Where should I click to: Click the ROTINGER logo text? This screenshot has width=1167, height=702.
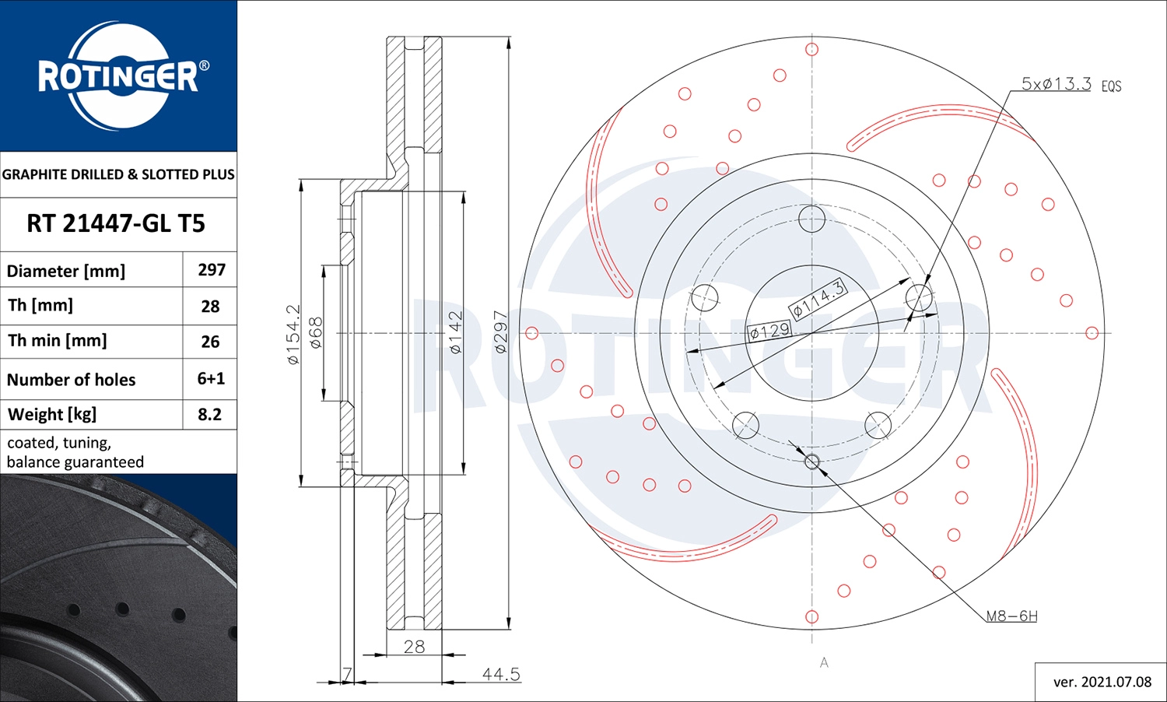click(x=118, y=76)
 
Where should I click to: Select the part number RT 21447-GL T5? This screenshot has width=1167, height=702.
click(x=116, y=223)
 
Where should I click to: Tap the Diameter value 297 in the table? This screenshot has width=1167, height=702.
click(x=211, y=270)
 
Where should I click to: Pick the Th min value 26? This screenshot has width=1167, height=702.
click(x=210, y=342)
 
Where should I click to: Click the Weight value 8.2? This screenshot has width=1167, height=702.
click(x=209, y=415)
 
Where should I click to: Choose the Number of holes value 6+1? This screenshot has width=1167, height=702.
click(x=211, y=379)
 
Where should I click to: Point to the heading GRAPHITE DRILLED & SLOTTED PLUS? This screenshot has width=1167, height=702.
click(x=118, y=174)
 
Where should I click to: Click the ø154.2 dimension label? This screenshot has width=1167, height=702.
click(x=293, y=335)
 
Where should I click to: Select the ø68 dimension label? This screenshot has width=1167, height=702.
click(x=316, y=332)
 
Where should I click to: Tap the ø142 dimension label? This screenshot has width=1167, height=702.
click(x=456, y=333)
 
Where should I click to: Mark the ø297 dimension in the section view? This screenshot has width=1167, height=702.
click(x=501, y=333)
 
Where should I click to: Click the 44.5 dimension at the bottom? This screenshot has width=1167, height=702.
click(x=500, y=674)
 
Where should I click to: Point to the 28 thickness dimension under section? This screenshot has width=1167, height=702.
click(x=414, y=647)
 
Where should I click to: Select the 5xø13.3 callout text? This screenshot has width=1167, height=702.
click(x=1056, y=84)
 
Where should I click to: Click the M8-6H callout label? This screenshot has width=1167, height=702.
click(x=1011, y=616)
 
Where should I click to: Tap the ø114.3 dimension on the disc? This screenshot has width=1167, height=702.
click(x=818, y=299)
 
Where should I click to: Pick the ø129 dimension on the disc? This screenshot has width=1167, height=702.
click(x=769, y=332)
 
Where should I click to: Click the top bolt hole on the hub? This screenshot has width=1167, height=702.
click(x=811, y=219)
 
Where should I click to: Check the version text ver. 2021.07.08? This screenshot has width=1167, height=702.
click(x=1102, y=682)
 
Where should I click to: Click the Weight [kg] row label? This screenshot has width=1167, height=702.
click(x=52, y=415)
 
